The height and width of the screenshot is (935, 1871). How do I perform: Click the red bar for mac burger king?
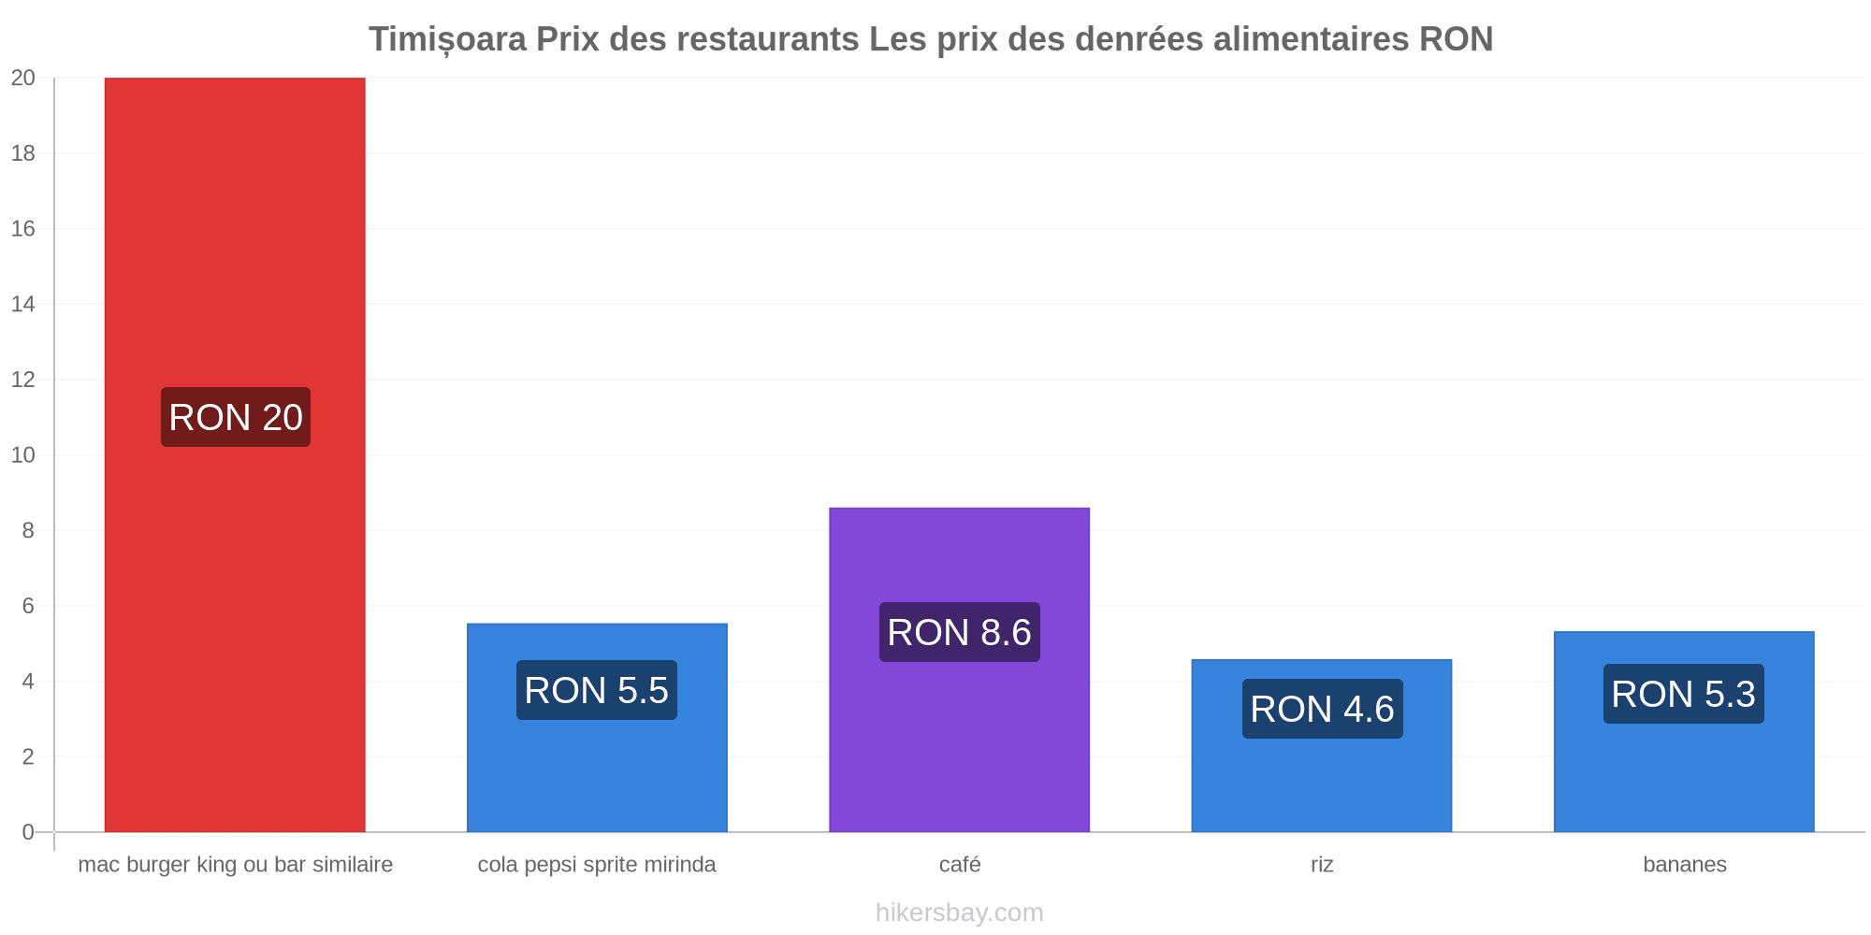point(235,454)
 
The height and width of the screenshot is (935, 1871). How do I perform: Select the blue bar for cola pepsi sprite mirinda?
point(597,727)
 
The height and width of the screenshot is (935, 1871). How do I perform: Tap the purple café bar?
point(959,669)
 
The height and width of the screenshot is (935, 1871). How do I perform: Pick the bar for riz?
point(1322,745)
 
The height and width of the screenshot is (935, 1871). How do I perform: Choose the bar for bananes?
point(1684,732)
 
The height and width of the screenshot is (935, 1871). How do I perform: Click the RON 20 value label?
point(236,417)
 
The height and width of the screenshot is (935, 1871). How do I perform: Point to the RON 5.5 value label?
point(597,690)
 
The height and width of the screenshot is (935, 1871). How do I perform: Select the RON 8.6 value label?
point(960,632)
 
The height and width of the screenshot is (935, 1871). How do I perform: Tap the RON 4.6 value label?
point(1323,709)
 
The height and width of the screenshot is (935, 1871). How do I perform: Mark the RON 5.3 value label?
point(1684,694)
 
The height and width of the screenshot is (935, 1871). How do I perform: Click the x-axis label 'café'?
point(960,864)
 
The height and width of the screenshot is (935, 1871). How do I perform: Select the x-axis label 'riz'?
point(1322,864)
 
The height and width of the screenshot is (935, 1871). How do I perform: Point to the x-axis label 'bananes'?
point(1685,864)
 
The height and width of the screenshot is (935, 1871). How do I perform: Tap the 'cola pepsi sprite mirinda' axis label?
point(597,865)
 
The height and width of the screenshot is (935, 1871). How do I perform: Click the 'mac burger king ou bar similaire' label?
point(236,865)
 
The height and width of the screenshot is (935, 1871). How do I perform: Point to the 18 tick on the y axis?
point(23,153)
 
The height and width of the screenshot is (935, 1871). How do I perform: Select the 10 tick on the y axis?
point(23,455)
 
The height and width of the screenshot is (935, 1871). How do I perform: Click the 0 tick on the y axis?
point(28,832)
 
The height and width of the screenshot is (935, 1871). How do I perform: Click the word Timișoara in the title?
point(447,39)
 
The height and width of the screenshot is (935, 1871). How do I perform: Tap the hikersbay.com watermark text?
point(960,913)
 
